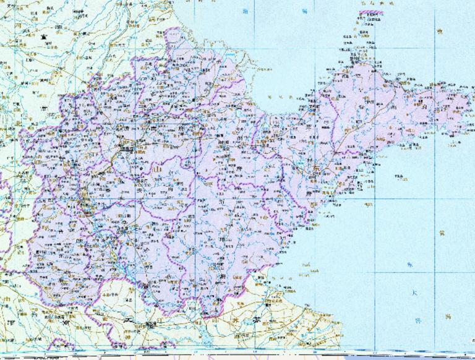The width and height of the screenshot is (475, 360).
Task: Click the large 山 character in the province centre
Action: pyautogui.click(x=157, y=168)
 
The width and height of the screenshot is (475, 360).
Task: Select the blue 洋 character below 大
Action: pyautogui.click(x=418, y=320)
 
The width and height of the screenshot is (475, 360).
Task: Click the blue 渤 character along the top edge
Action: pyautogui.click(x=246, y=12)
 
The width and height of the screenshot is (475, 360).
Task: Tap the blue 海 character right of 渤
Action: pyautogui.click(x=304, y=12)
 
